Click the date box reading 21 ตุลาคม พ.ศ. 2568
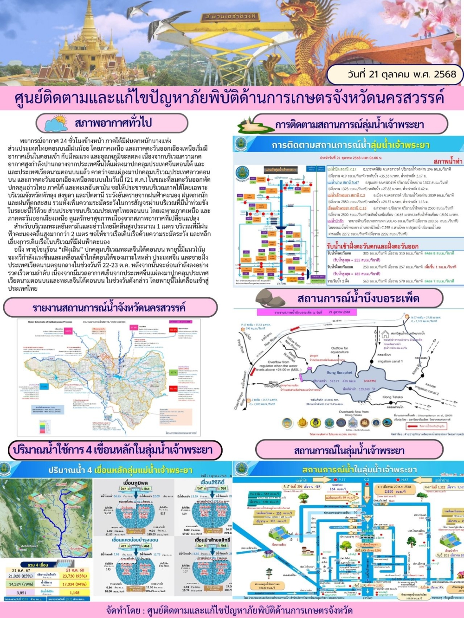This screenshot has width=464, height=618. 394,74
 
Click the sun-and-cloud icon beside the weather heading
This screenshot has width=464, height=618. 56,123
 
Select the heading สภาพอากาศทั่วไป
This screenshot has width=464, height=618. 113,123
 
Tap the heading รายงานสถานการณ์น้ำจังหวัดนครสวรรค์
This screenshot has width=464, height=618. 109,308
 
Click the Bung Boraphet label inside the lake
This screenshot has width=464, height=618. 340,373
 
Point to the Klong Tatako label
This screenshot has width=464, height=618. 393,397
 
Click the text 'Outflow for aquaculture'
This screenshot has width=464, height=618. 340,350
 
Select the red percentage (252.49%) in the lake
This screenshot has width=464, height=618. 370,381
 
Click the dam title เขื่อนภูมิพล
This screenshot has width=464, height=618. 135,483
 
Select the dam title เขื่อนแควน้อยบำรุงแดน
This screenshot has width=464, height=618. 135,540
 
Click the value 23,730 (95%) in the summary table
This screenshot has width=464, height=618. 75,576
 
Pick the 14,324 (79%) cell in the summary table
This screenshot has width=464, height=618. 21,584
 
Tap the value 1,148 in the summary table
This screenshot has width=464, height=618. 75,593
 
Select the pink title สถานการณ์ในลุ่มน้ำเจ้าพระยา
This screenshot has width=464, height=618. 349,450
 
